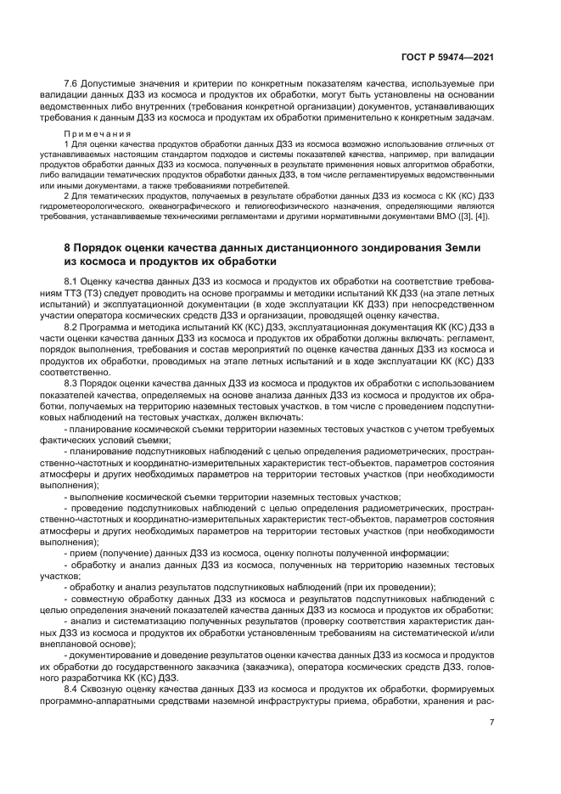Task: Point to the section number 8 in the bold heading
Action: click(68, 247)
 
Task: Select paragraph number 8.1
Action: click(73, 279)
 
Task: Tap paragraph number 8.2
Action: click(73, 326)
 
